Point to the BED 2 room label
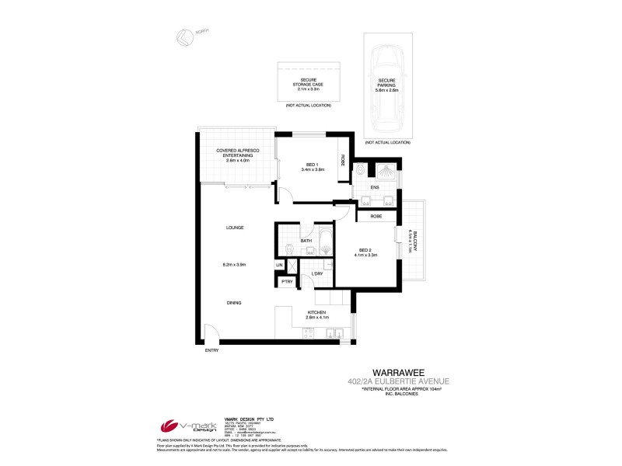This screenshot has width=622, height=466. pos(365,252)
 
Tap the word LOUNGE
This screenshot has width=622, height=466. pos(235,228)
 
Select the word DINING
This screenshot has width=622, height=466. pos(234,303)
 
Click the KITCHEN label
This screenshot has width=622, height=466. pos(316,312)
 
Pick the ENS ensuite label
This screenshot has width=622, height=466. pos(374,187)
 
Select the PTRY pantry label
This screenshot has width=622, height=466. pos(286,281)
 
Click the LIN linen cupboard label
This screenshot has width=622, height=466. pos(278,266)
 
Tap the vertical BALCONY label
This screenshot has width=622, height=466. pos(414,242)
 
